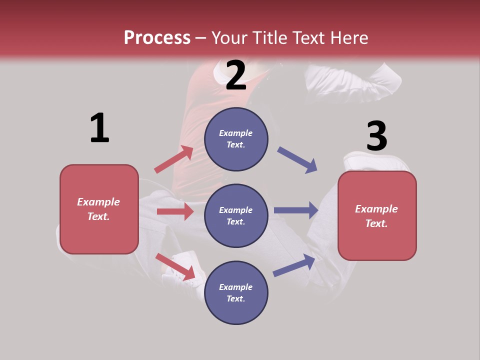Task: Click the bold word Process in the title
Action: [157, 38]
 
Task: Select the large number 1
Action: [99, 128]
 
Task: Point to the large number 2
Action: [236, 76]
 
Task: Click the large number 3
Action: [376, 136]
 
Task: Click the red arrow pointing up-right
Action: [174, 159]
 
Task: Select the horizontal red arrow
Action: [175, 211]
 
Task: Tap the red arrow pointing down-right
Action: [175, 266]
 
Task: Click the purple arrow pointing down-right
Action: [297, 160]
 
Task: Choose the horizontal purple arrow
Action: [296, 210]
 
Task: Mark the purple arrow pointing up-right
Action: [294, 265]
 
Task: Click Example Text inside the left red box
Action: [98, 209]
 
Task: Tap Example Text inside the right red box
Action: [376, 216]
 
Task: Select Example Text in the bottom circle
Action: [235, 293]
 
